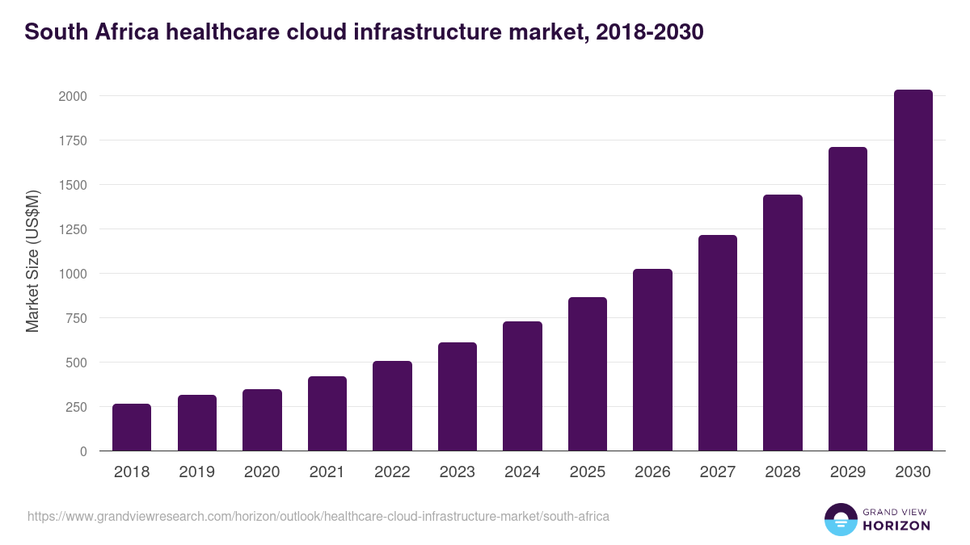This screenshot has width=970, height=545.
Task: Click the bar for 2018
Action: pos(132,427)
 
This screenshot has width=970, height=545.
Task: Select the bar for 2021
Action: pos(327,413)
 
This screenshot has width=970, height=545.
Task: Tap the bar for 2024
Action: pos(522,386)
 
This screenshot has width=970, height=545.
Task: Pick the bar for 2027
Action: pos(718,343)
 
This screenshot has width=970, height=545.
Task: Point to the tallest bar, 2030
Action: pos(913,270)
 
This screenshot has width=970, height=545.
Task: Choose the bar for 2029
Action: pos(848,299)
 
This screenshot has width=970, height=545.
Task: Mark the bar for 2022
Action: pos(392,405)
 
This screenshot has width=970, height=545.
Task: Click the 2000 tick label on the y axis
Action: pos(72,96)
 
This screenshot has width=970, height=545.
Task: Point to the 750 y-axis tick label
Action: pos(76,318)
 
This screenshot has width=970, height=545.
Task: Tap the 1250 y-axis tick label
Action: pos(72,229)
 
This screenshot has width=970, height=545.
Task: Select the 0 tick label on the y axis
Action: pos(82,451)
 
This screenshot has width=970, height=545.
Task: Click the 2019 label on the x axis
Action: pos(196,472)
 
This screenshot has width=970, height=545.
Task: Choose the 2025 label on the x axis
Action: pos(587,472)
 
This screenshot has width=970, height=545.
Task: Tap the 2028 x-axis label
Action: pos(782,472)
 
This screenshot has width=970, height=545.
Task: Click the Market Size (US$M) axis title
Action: pos(32,261)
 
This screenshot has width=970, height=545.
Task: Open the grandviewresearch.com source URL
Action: pos(318,516)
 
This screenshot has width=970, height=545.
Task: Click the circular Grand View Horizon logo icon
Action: pos(840,519)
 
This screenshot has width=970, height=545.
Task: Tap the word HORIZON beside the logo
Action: pos(896,526)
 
